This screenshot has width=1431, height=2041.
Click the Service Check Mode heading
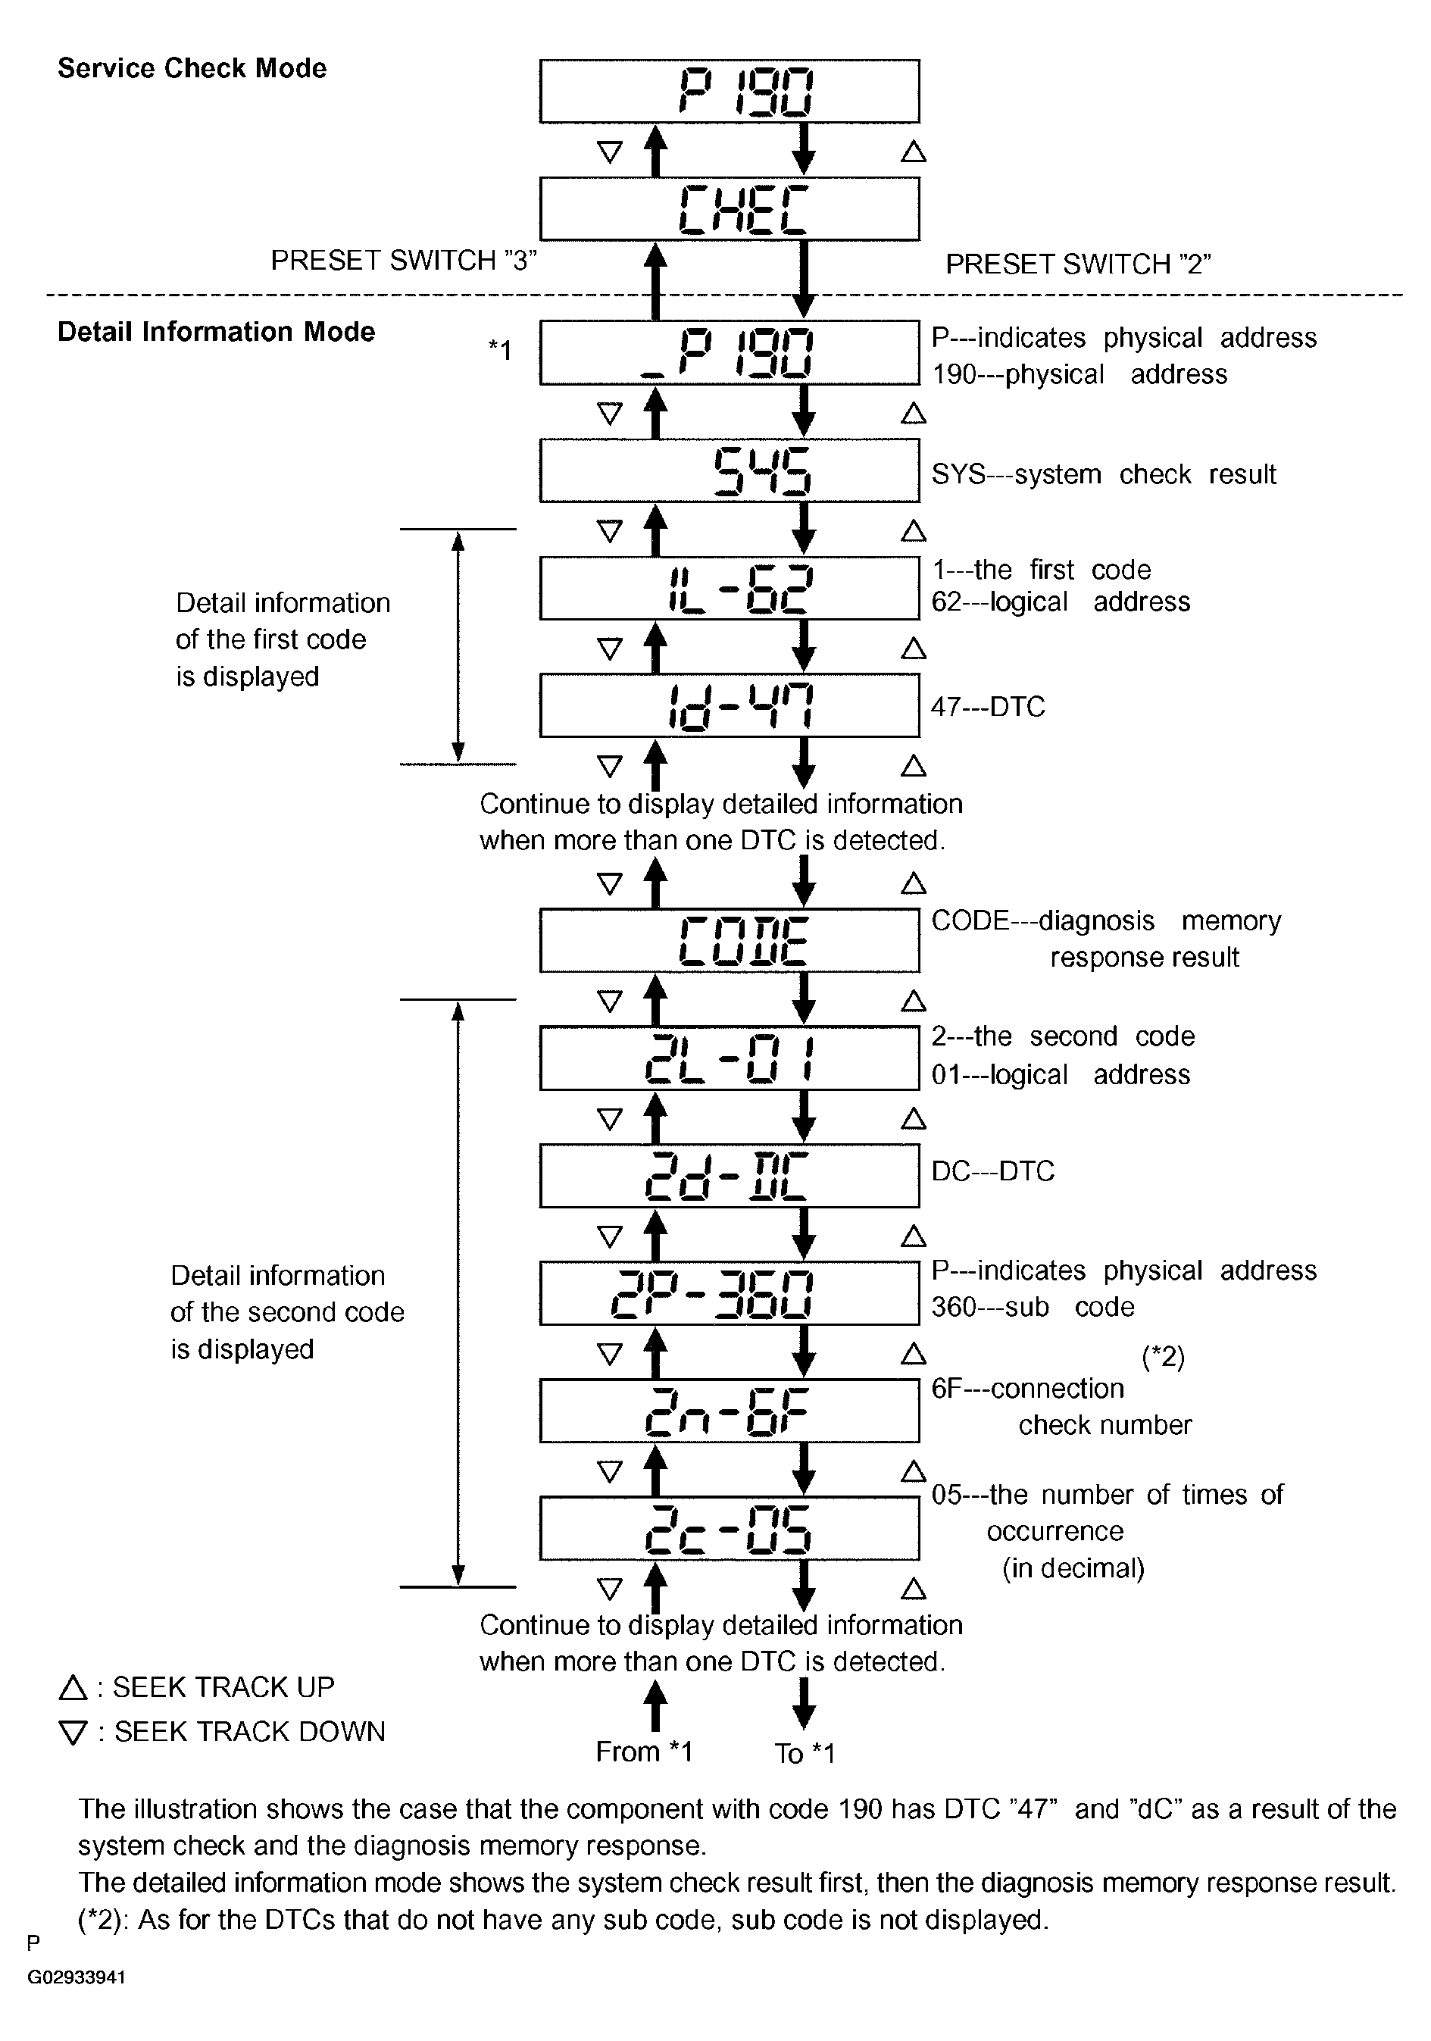coord(192,68)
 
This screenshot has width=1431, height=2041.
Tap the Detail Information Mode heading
coord(216,332)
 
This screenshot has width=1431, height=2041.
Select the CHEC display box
coord(730,209)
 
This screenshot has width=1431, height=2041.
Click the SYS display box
coord(730,471)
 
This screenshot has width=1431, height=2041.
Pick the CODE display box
coord(730,940)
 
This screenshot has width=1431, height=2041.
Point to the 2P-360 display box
coord(730,1292)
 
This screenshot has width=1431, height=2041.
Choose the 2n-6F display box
coord(730,1411)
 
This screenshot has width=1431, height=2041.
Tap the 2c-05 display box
coord(730,1528)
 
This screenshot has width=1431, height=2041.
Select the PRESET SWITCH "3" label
coord(404,261)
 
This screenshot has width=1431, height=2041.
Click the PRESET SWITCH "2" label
coord(1078,264)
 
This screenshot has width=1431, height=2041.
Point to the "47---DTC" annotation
coord(988,707)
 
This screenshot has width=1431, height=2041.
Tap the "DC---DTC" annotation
coord(993,1171)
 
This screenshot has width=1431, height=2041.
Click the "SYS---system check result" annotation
coord(1103,474)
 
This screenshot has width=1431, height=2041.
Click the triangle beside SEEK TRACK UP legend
coord(72,1687)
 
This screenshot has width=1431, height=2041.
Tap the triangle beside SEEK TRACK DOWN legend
coord(72,1733)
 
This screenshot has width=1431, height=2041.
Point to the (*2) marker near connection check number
coord(1163,1357)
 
